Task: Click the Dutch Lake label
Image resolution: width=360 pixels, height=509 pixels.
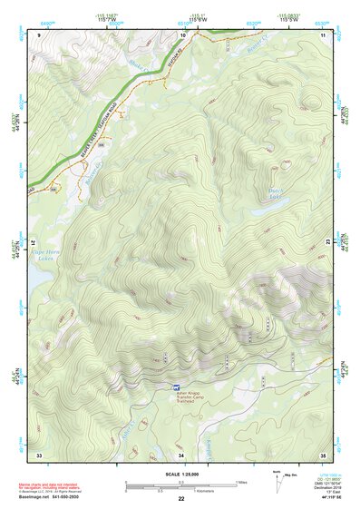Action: (277, 192)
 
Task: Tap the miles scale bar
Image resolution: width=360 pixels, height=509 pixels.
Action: (180, 483)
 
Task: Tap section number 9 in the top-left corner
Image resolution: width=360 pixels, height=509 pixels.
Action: (39, 34)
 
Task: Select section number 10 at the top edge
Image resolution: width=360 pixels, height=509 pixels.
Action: (183, 34)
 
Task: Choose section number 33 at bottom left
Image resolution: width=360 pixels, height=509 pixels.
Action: (39, 453)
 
